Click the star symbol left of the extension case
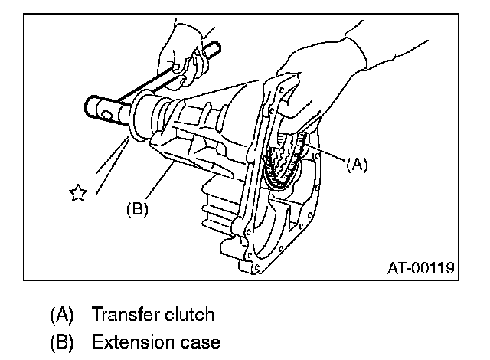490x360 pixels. pos(77,194)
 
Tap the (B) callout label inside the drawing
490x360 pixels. pos(136,207)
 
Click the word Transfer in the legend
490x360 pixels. pos(124,314)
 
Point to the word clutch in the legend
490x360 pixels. pos(188,314)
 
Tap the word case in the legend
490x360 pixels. pos(198,342)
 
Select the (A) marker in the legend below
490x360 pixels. pos(62,314)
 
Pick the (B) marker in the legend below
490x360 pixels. pos(62,342)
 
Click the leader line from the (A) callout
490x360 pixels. pos(325,153)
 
